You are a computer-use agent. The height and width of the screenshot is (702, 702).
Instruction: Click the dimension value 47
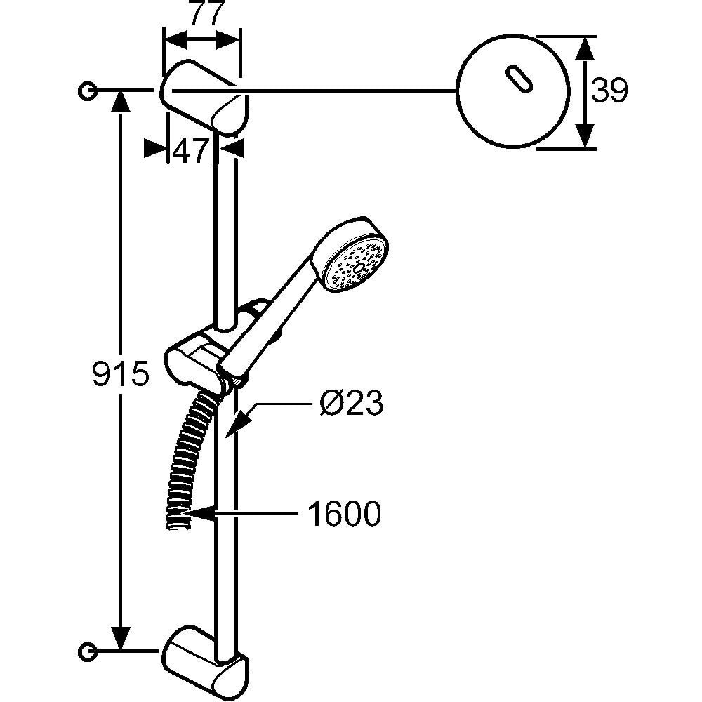pos(191,150)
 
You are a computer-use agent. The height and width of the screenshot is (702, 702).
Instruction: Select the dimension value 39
pos(609,91)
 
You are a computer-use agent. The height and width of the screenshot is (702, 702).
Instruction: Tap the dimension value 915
pos(121,373)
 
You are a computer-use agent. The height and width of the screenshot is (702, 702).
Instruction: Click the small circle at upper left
pos(87,91)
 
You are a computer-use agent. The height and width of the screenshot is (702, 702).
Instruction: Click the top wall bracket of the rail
pos(204,98)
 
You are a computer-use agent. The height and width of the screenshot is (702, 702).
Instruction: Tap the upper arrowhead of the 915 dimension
pos(121,102)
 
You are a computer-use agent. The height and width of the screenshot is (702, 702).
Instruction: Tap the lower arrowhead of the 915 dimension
pos(121,639)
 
